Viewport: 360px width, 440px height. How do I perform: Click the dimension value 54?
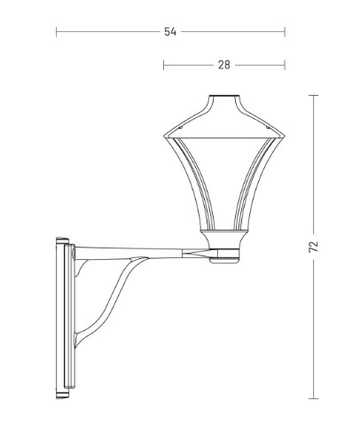(x=170, y=32)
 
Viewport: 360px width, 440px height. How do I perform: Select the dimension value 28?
(x=224, y=65)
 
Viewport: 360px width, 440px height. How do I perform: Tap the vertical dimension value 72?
(x=314, y=247)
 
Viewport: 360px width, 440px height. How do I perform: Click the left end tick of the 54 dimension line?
(x=57, y=32)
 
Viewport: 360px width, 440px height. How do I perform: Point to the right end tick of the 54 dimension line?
(x=285, y=32)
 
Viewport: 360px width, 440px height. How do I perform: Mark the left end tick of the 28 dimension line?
(x=163, y=65)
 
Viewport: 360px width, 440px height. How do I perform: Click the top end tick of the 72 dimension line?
(x=313, y=95)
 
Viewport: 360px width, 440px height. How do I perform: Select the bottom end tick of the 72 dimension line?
(x=313, y=398)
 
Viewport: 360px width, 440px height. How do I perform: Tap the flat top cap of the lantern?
(x=224, y=96)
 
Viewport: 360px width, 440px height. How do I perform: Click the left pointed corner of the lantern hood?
(x=164, y=136)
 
